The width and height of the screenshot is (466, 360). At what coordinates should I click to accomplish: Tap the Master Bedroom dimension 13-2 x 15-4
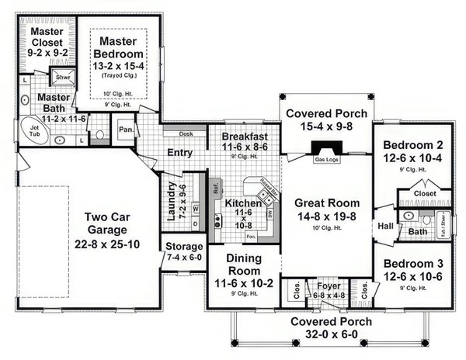point(118,67)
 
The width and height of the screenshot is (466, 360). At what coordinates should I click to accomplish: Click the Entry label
point(179,152)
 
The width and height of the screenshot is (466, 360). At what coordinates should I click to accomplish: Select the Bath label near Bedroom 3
point(417,230)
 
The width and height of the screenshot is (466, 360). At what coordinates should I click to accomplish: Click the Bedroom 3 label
point(412,262)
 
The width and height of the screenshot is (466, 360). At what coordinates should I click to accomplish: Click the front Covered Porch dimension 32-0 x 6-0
point(325,336)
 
